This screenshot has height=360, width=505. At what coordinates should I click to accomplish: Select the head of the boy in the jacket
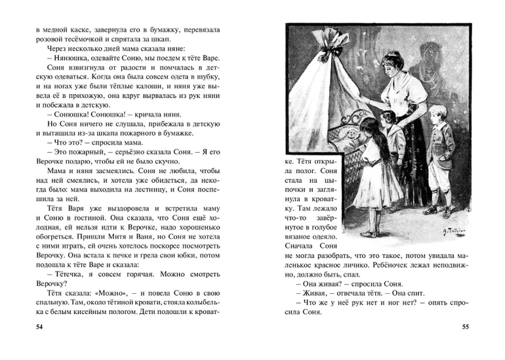pos(438,116)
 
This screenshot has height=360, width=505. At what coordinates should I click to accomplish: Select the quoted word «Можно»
pos(110,297)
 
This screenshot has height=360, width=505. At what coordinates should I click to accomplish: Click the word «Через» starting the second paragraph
pos(59,47)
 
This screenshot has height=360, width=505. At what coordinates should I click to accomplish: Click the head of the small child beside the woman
pos(388,117)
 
